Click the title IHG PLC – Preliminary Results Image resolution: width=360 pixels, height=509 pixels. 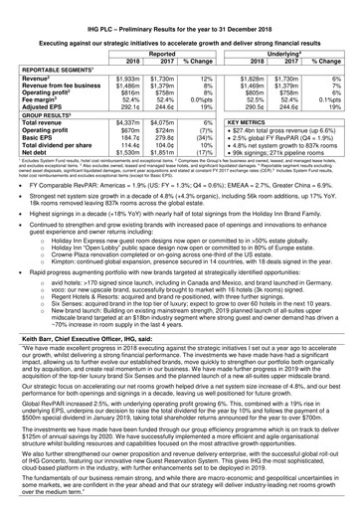point(180,7)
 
